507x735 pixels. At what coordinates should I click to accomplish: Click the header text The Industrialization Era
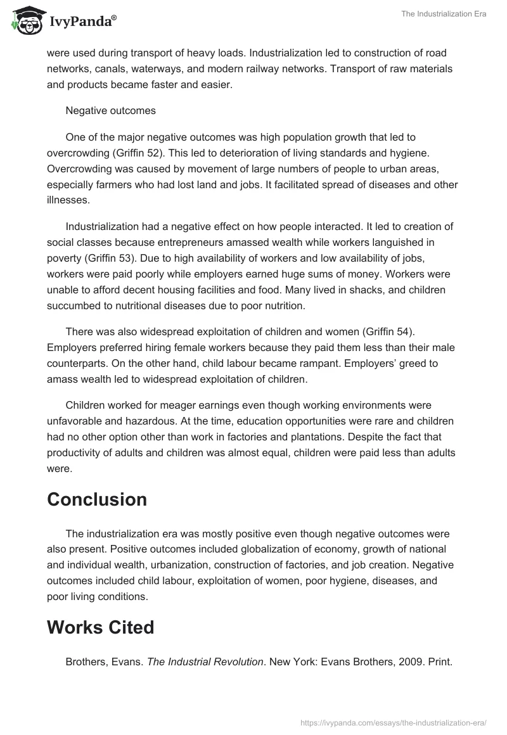[444, 14]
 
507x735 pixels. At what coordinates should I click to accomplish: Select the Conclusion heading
[97, 499]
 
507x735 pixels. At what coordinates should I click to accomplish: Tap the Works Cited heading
[100, 627]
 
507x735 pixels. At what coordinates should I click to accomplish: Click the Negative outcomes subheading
[110, 110]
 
